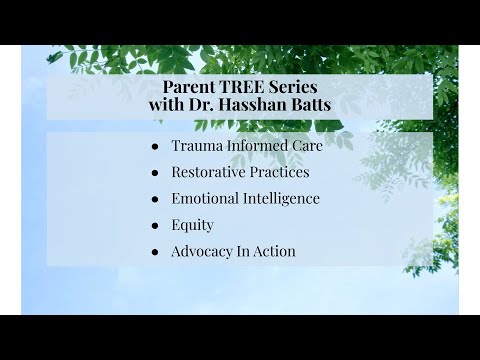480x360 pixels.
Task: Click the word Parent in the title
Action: click(189, 87)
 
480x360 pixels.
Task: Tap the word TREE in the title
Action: click(242, 87)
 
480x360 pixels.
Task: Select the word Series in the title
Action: click(293, 87)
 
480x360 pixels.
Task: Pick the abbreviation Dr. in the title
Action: click(202, 104)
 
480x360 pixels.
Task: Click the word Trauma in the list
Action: click(197, 146)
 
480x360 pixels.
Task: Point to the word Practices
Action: click(280, 172)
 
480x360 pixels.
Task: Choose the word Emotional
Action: click(205, 198)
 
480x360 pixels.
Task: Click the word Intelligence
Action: click(282, 199)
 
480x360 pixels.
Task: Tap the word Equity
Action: click(192, 225)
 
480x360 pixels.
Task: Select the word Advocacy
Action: click(202, 252)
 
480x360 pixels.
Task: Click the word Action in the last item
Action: click(275, 251)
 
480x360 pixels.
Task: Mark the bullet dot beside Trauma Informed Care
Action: click(155, 147)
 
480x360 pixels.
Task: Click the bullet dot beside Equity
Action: click(155, 226)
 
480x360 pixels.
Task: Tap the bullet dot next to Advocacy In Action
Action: click(155, 252)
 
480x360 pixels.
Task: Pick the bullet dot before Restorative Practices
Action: click(155, 173)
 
